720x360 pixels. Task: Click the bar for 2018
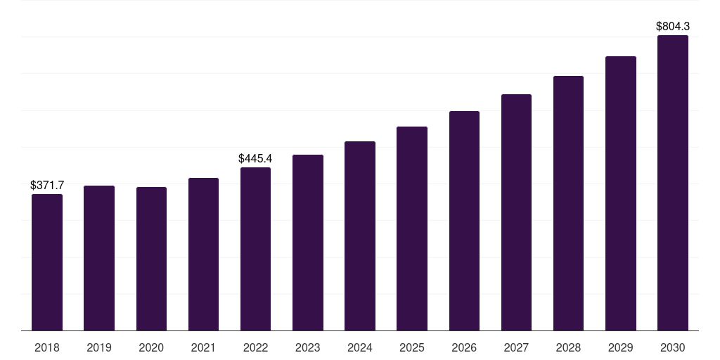click(47, 262)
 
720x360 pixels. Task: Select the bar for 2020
click(151, 259)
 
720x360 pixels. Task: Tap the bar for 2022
click(255, 249)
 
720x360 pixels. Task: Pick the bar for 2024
click(360, 236)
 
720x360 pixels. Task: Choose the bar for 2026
click(464, 221)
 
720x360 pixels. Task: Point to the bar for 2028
click(568, 203)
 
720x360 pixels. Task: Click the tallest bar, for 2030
click(673, 183)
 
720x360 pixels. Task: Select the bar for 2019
click(99, 258)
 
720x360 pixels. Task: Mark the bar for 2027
click(516, 212)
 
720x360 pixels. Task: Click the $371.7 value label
click(47, 185)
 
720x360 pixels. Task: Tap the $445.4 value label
click(255, 158)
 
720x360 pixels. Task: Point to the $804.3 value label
click(673, 26)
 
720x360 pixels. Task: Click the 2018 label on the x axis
click(47, 347)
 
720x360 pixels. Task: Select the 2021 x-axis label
click(203, 347)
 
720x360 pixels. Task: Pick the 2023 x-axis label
click(308, 347)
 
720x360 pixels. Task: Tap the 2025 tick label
click(412, 347)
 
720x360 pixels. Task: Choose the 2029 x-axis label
click(621, 347)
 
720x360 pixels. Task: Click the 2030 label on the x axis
click(673, 347)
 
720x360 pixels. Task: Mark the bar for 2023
click(308, 243)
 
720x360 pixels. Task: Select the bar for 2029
click(621, 193)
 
